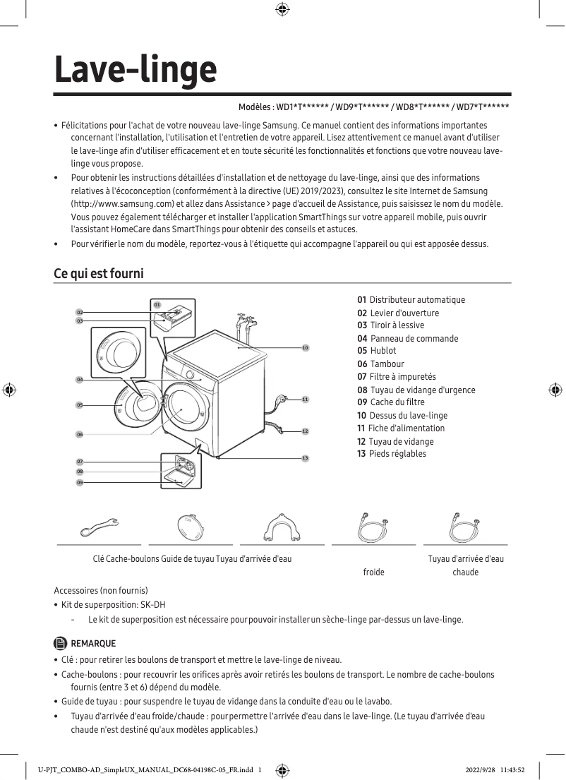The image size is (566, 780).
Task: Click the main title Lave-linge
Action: (136, 71)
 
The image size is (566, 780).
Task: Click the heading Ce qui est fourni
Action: (99, 272)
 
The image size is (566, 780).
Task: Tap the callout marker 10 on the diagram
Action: (305, 348)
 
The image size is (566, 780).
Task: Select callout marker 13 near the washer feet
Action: (305, 459)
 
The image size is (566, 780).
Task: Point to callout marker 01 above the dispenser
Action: (157, 304)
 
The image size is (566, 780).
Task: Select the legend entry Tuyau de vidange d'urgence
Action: (422, 390)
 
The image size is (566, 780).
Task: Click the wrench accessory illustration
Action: (99, 527)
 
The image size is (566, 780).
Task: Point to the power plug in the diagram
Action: (282, 400)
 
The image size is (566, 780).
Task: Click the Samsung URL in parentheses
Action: (123, 204)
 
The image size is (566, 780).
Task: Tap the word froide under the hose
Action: (373, 572)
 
